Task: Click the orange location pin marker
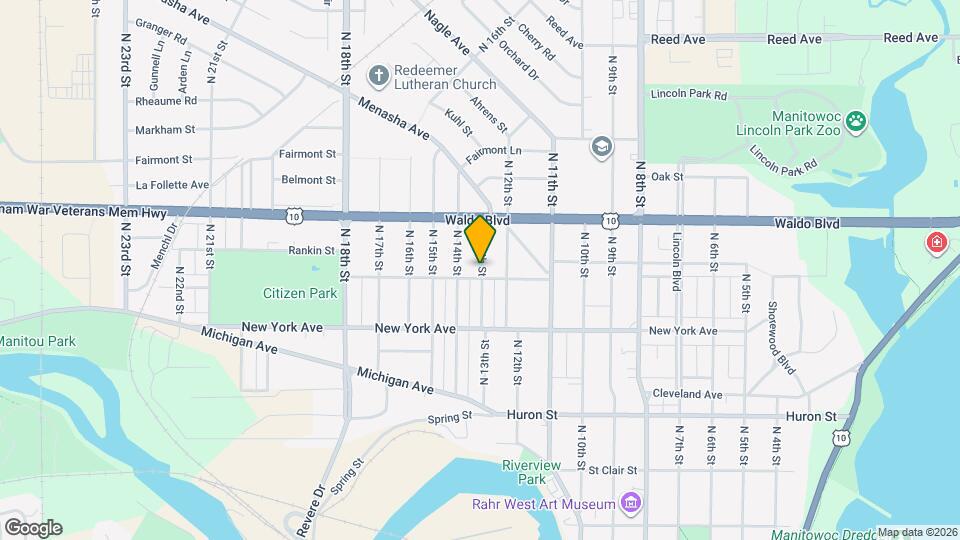point(481,238)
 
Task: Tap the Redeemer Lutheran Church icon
point(378,74)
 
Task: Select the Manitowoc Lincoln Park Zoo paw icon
point(856,121)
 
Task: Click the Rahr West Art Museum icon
point(631,501)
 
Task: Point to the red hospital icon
point(937,243)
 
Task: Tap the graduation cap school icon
point(600,148)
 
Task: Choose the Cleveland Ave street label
point(686,394)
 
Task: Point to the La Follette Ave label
point(172,185)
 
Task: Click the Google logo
point(32,527)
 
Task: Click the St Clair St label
point(612,469)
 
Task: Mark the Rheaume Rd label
point(166,100)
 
